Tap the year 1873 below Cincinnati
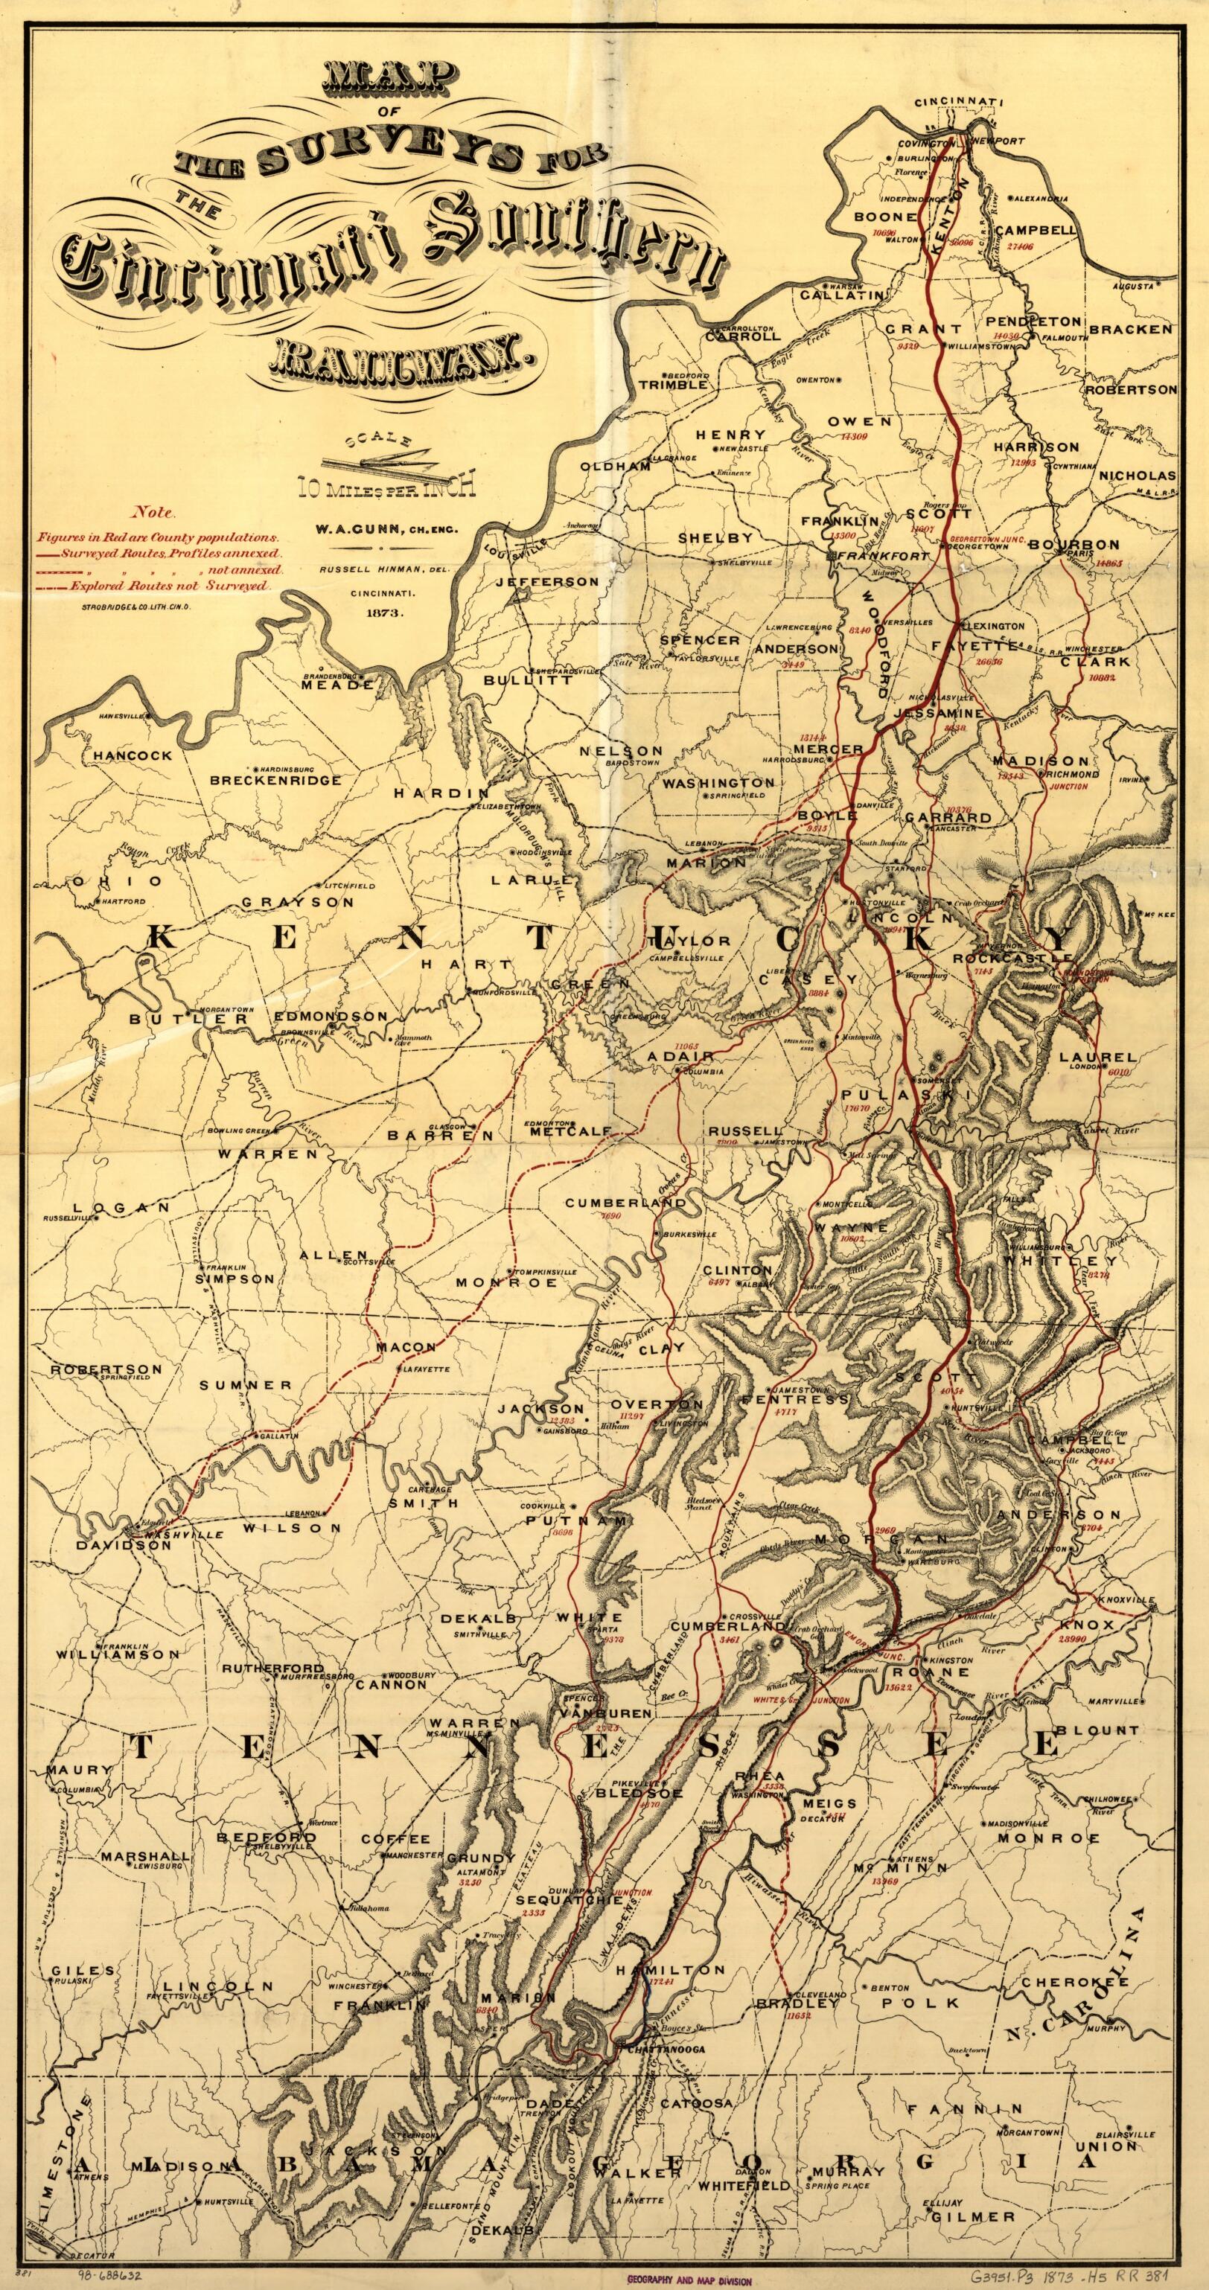coord(383,613)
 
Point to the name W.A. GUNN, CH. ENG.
coord(385,530)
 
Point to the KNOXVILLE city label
coord(1125,1599)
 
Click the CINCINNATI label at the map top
coord(958,102)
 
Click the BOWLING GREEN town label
coord(239,1130)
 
